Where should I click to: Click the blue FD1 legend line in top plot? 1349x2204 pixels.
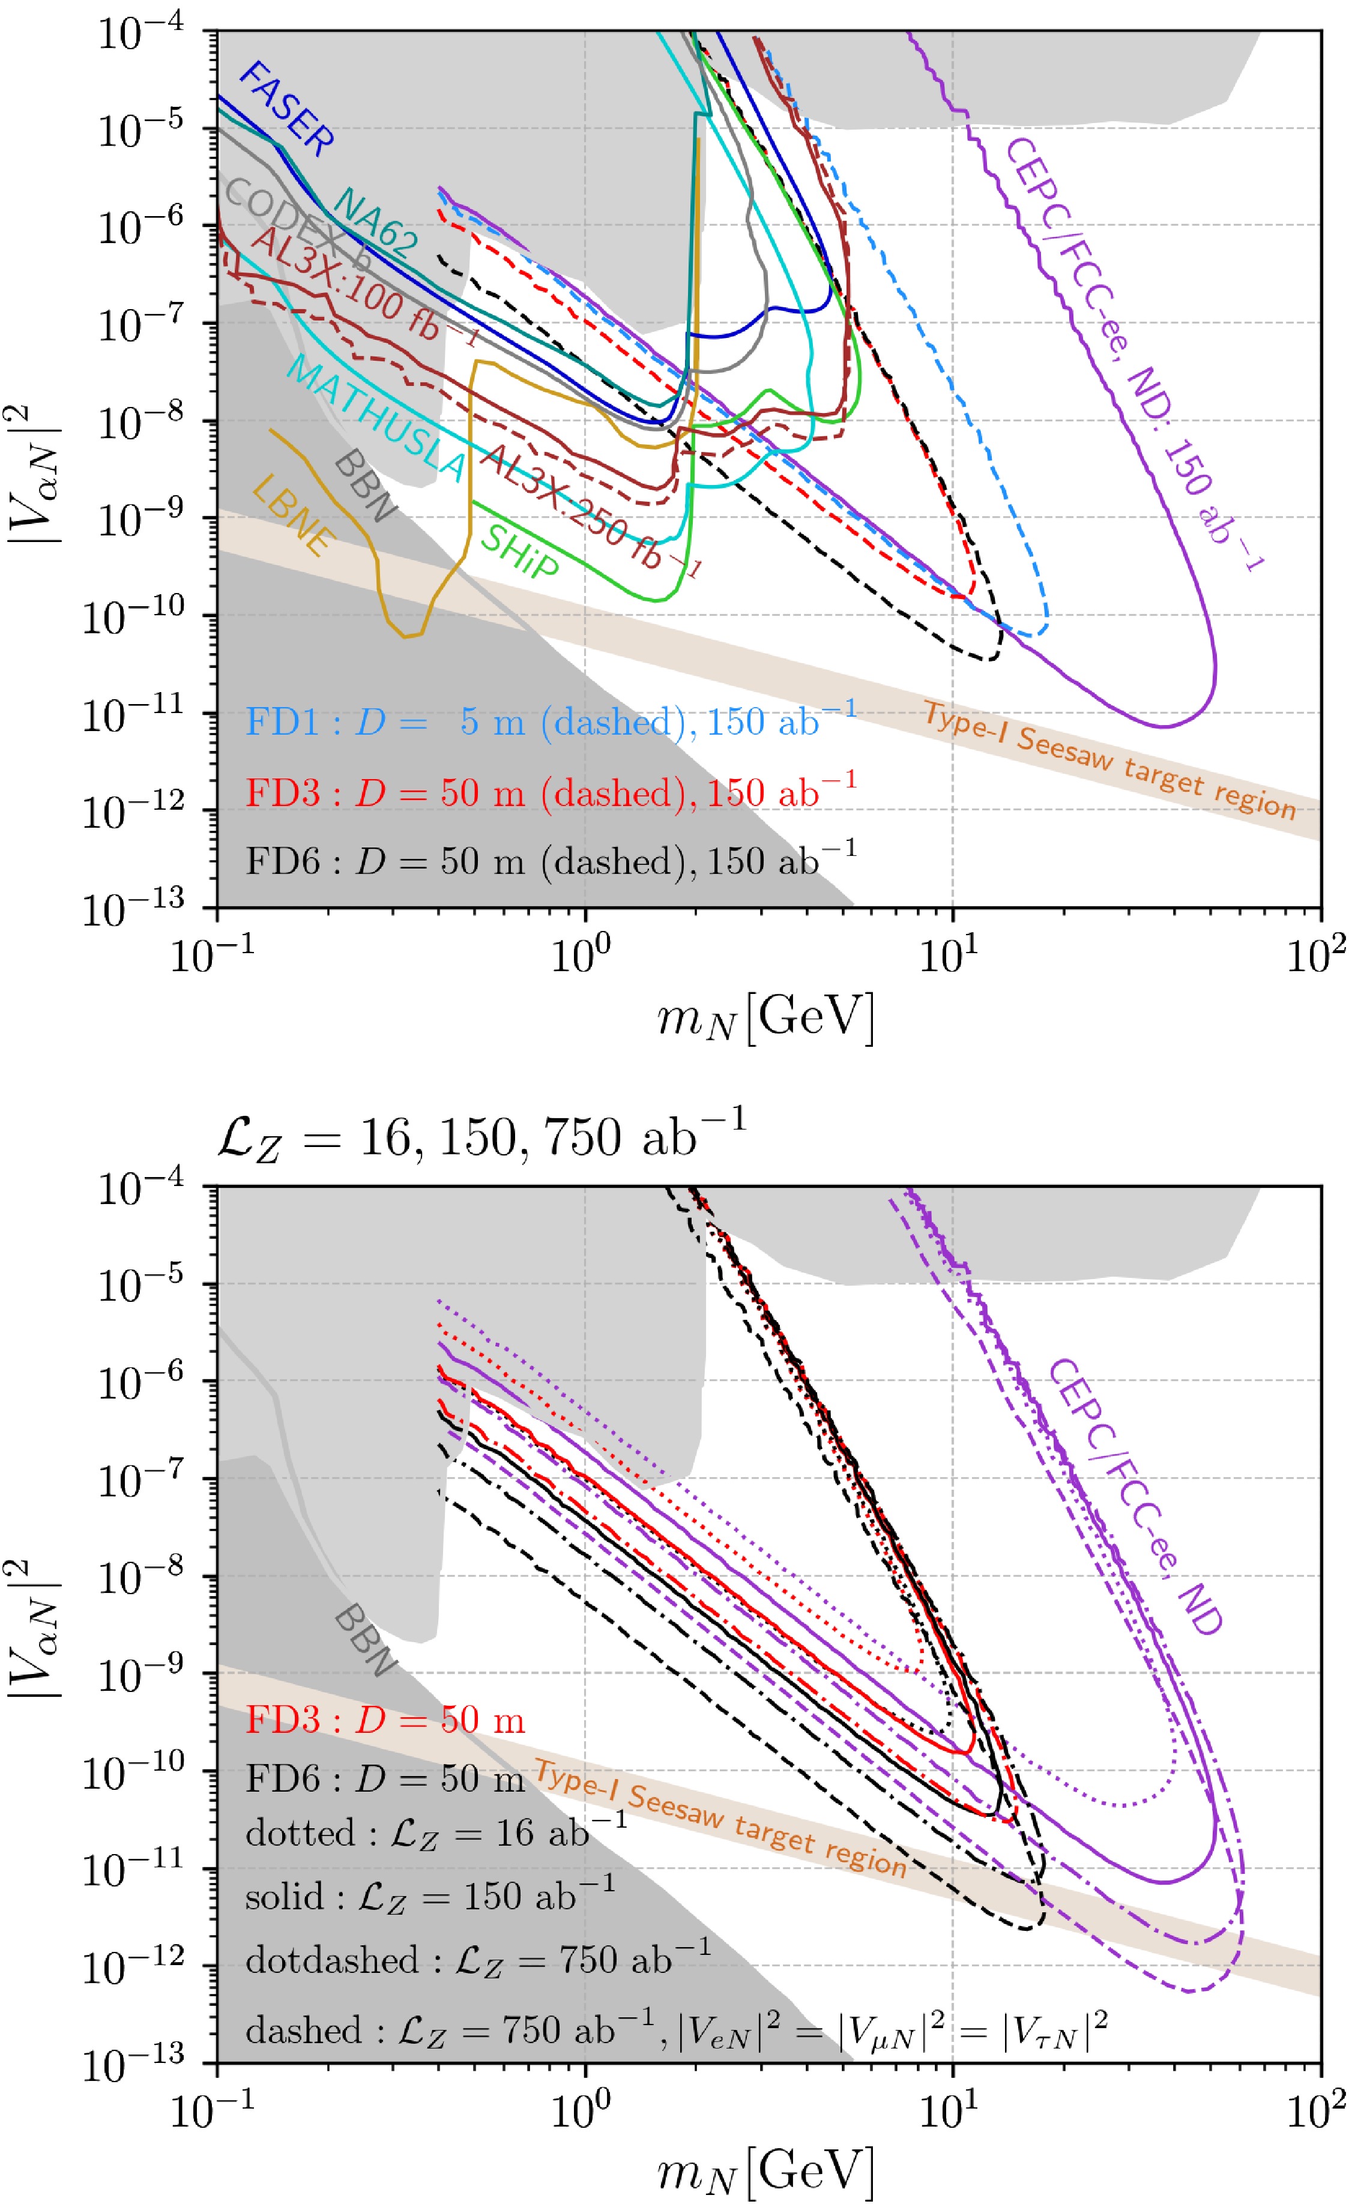pos(550,721)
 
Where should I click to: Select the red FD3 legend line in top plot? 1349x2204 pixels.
pos(550,792)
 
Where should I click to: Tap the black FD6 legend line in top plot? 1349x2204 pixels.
pos(550,861)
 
